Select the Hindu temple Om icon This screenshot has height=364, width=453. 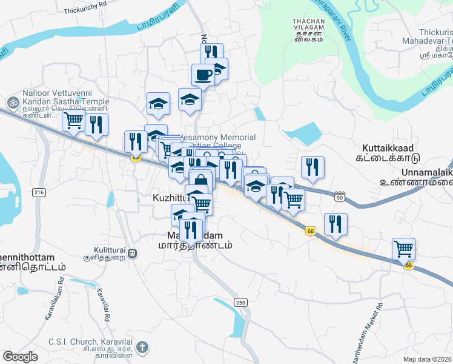pos(12,103)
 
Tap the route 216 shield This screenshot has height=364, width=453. pos(40,192)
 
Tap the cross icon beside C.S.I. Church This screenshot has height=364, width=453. pos(142,347)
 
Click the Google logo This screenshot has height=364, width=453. pos(20,357)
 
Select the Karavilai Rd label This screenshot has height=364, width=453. pos(100,303)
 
